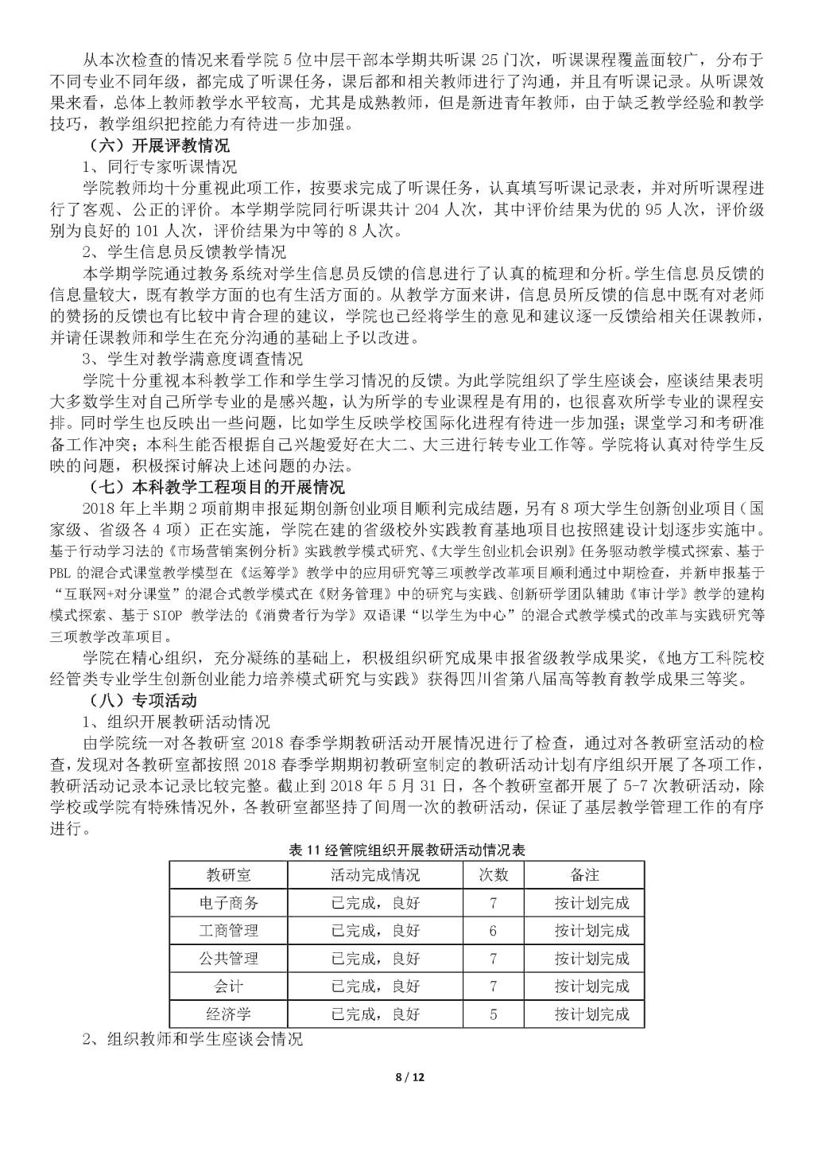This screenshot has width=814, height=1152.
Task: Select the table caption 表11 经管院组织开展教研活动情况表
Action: (407, 850)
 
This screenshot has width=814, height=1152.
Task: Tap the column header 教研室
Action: (228, 875)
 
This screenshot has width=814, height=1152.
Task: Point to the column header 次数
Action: (493, 875)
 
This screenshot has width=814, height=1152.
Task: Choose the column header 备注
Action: (584, 875)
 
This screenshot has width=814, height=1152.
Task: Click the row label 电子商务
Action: (228, 903)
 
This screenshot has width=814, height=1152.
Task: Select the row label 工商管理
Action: (228, 931)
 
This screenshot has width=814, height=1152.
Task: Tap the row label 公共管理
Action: (228, 959)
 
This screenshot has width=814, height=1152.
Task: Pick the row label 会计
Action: (228, 987)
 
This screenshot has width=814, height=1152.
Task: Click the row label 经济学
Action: (228, 1014)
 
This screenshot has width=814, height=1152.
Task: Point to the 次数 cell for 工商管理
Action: (493, 931)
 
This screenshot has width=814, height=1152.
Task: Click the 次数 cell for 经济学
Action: (493, 1014)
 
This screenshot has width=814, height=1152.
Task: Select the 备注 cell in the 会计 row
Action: (591, 987)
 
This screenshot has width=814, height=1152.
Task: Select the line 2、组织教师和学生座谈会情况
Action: (193, 1039)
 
